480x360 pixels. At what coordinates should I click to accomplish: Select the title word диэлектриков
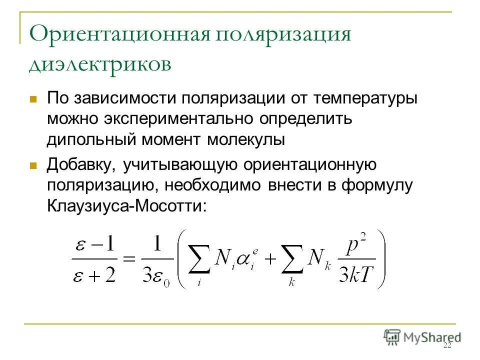click(100, 64)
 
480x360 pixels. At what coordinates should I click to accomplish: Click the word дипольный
click(90, 139)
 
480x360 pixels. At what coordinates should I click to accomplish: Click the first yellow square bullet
click(34, 98)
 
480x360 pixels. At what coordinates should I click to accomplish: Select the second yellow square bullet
click(34, 165)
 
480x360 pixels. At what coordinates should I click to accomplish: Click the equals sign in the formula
click(129, 259)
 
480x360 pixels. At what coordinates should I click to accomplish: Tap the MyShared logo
click(422, 337)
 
